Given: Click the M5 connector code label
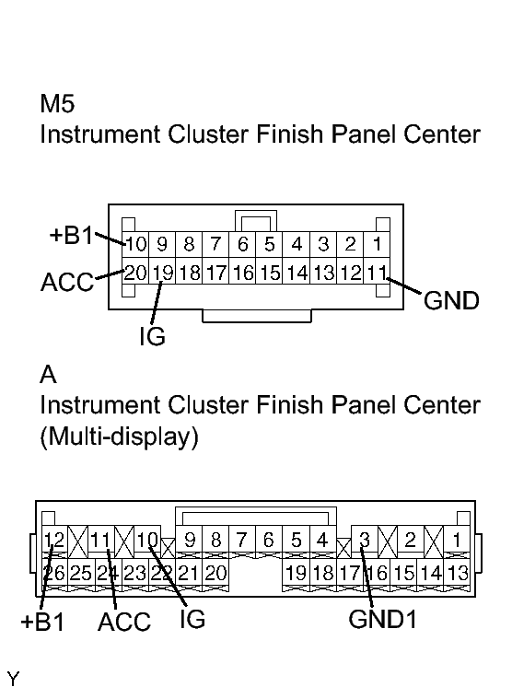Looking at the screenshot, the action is [57, 104].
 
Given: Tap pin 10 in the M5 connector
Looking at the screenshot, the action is [135, 244].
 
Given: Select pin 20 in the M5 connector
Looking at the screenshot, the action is [135, 273].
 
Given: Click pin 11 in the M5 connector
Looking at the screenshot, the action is [377, 273].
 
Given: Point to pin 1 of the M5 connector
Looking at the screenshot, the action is [377, 244].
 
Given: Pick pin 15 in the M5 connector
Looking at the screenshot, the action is [270, 273].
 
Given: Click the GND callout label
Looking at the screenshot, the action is [451, 301].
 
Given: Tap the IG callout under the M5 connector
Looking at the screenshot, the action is [152, 336].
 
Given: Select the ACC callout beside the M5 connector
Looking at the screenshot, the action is [67, 282].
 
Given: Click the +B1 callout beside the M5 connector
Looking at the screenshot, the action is [72, 235].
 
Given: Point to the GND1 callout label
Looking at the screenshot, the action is [382, 620].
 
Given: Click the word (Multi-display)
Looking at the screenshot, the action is [119, 437].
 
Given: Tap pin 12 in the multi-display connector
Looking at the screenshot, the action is [54, 540].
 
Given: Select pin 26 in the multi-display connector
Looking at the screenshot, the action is [54, 573].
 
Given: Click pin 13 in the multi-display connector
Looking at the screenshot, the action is [458, 573].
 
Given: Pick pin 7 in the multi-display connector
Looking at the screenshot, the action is [242, 540].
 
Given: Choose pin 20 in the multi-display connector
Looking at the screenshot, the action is [215, 573].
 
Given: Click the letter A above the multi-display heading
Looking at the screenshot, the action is [48, 375].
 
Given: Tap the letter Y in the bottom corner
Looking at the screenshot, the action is [13, 679].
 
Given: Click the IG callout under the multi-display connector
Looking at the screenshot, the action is [192, 619].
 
